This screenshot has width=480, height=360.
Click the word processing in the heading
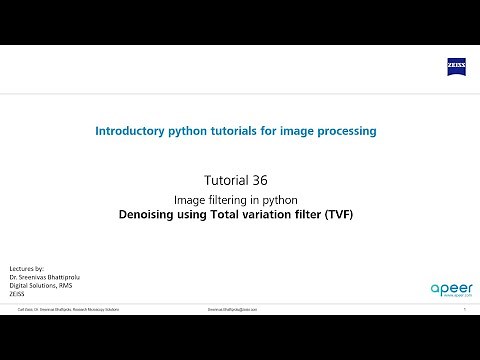[x=345, y=130]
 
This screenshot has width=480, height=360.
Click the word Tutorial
[x=229, y=181]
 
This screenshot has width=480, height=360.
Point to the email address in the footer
[x=232, y=310]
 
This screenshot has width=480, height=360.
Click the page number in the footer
[x=465, y=310]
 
